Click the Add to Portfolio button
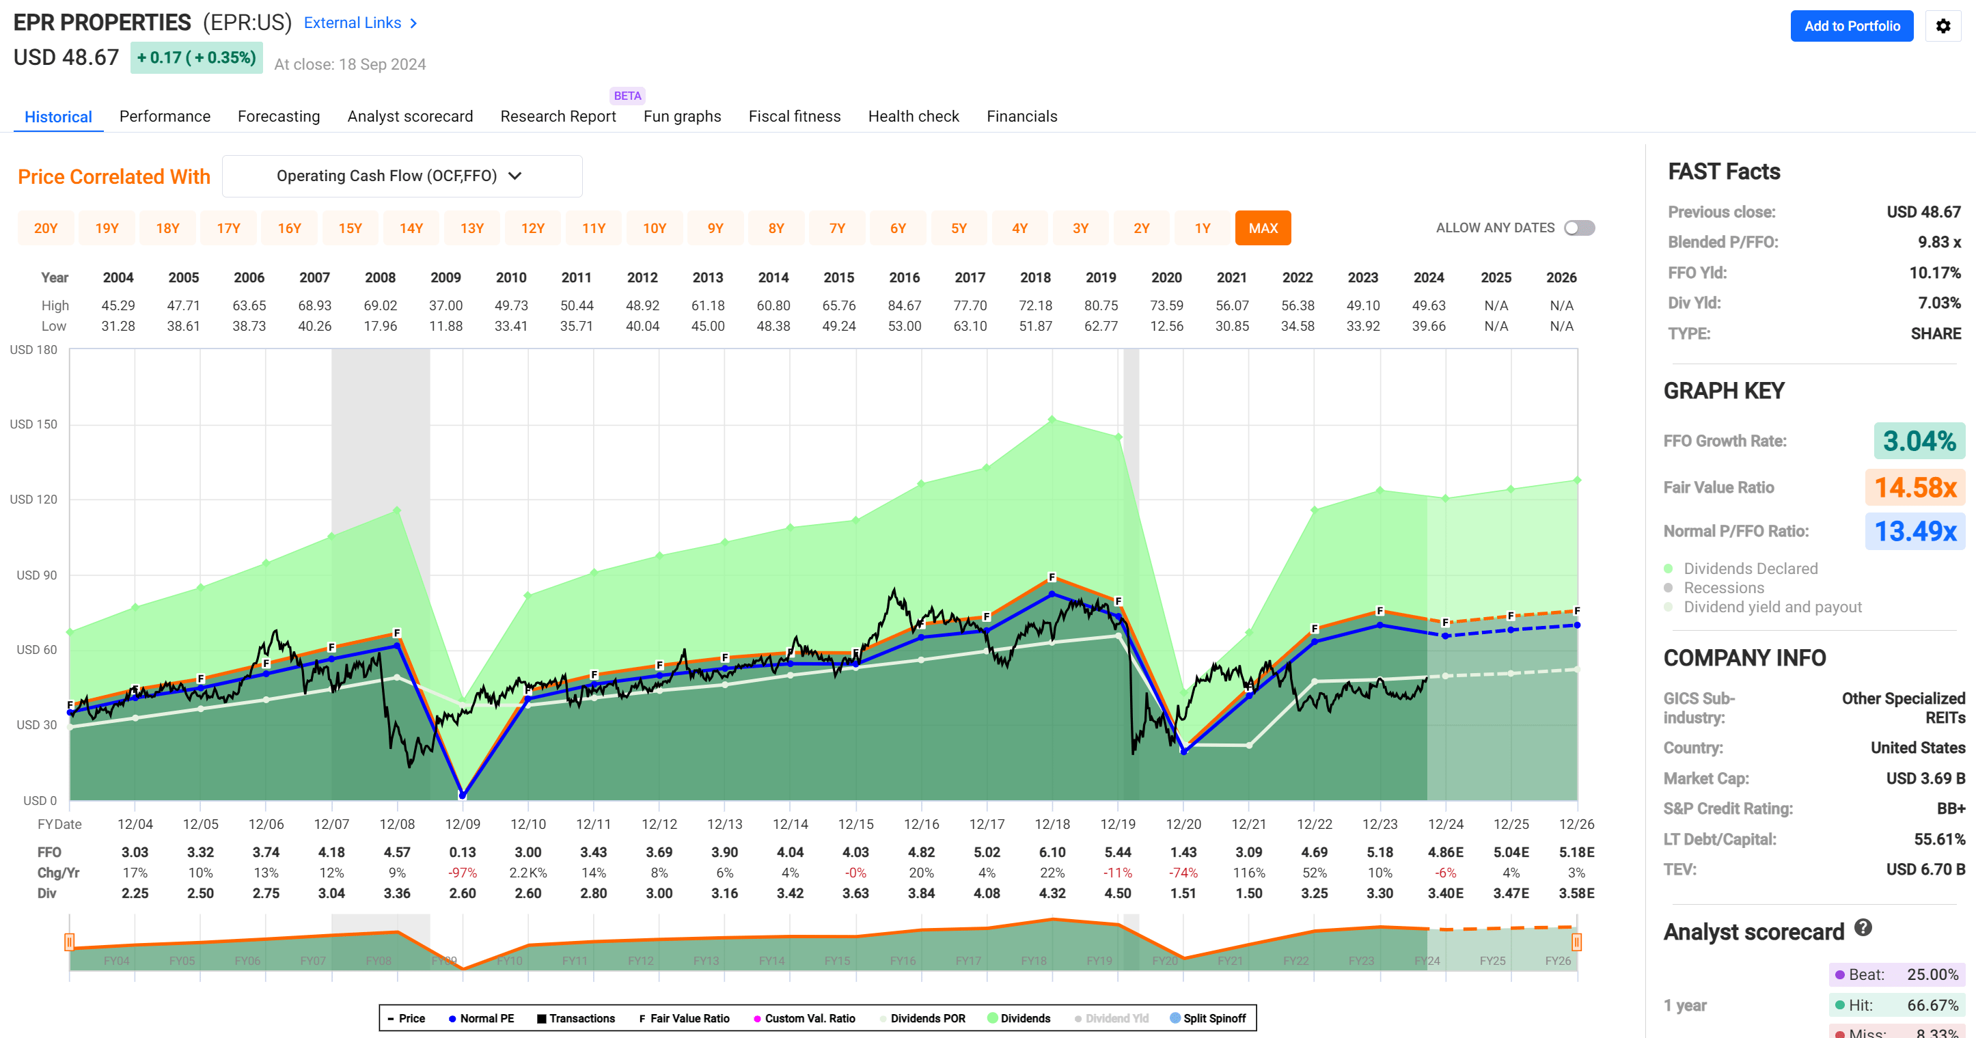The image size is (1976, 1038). coord(1851,26)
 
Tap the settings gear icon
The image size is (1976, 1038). coord(1943,26)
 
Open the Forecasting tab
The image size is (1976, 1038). coord(279,116)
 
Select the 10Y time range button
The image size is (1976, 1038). coord(654,228)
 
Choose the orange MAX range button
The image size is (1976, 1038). coord(1263,228)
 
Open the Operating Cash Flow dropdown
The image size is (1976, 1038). coord(401,176)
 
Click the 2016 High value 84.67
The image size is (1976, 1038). coord(904,305)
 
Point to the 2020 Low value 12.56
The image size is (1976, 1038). coord(1166,326)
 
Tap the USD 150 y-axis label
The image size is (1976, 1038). coord(33,424)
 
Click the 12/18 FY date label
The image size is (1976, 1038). coord(1052,824)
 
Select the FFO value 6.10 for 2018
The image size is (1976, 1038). coord(1052,852)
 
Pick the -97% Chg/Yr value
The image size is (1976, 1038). coord(462,873)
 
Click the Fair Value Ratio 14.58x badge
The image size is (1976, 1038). coord(1915,487)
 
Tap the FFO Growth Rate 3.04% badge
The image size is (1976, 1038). coord(1919,441)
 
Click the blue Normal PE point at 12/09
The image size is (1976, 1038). coord(463,795)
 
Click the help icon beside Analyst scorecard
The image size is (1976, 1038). coord(1863,927)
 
